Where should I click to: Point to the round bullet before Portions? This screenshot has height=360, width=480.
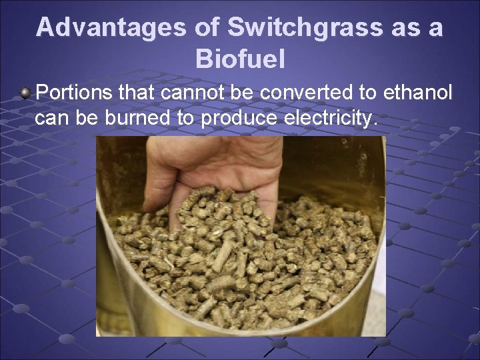click(x=25, y=93)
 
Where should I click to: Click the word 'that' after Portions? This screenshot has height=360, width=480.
click(x=136, y=93)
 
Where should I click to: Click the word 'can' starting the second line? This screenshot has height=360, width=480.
click(x=49, y=119)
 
